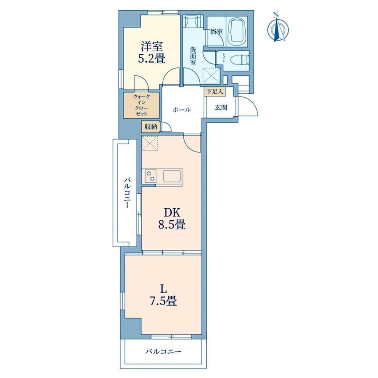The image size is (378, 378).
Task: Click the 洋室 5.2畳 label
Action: pos(152,52)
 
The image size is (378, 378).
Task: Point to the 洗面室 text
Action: pos(193,56)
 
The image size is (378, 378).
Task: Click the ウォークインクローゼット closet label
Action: pos(141,105)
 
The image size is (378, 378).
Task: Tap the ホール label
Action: pos(182,110)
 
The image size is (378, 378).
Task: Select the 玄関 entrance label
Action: pos(221,108)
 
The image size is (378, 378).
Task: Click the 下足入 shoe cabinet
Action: pos(215,92)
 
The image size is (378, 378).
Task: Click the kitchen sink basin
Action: pos(172,176)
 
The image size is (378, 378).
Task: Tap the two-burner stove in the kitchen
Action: pos(151,176)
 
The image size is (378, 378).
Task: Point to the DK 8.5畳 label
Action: pos(172,219)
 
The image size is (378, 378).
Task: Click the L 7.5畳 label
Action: pos(164,295)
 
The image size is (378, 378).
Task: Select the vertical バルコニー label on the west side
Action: pos(127,193)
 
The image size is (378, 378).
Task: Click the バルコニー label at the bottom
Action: pos(163,352)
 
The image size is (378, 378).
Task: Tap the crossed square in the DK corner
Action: pos(150,143)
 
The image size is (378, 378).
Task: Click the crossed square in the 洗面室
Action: pos(212,76)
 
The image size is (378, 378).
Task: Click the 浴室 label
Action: pos(216,31)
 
